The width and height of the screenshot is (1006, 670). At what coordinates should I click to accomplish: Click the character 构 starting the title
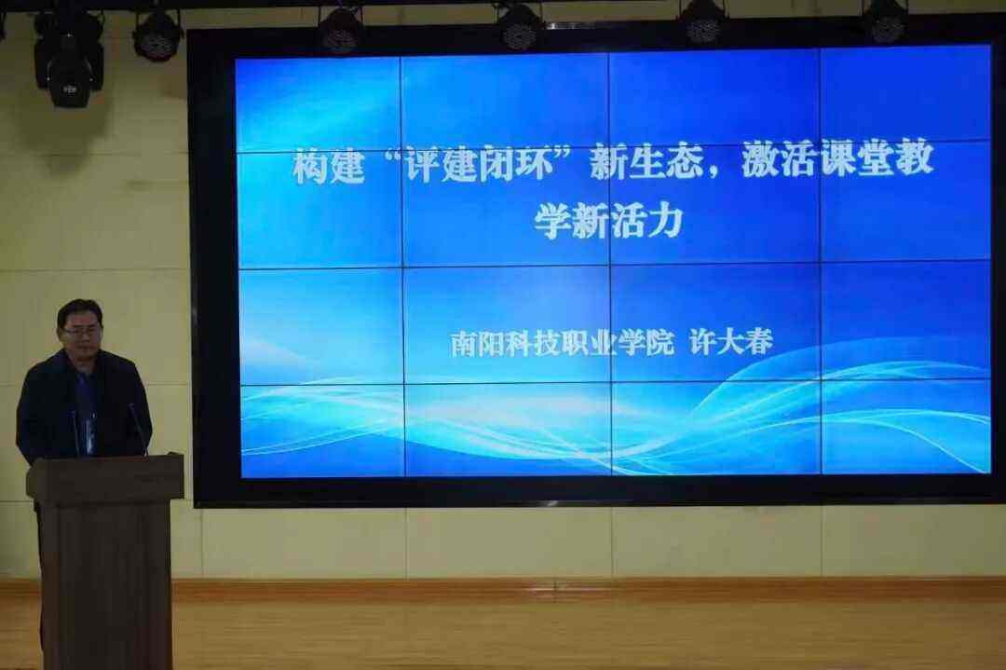(x=311, y=165)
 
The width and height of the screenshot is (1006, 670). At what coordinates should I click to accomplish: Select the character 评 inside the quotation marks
(x=426, y=164)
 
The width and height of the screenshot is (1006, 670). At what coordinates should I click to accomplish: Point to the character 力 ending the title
(x=663, y=222)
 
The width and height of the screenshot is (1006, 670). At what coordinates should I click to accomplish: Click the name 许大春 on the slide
(x=731, y=342)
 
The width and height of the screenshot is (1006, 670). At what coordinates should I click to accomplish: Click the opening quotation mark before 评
(x=393, y=157)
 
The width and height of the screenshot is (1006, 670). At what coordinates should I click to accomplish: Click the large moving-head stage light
(x=68, y=58)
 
